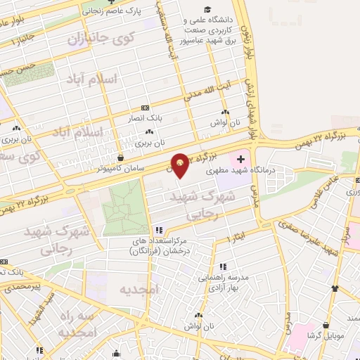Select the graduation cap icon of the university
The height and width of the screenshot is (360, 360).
point(207,9)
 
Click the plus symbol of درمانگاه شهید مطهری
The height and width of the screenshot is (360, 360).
point(241,158)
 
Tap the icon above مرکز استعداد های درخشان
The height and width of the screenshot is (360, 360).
point(159,230)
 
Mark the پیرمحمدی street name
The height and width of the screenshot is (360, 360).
point(23,287)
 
